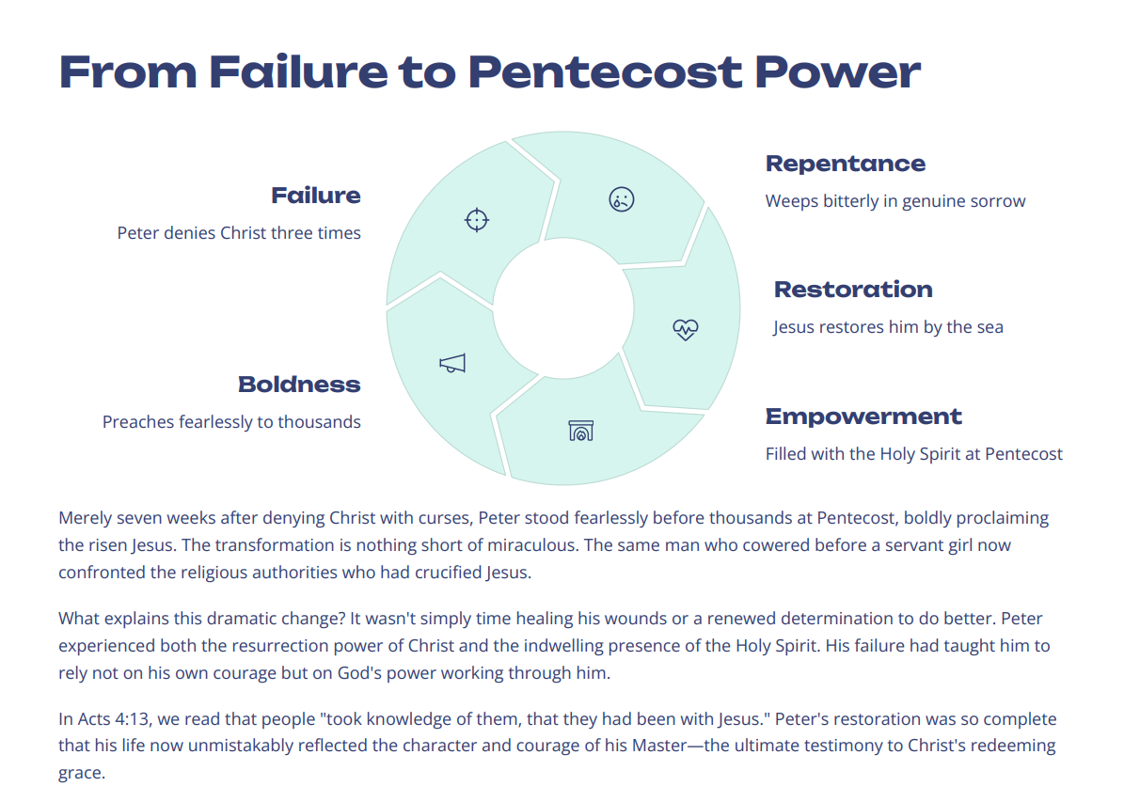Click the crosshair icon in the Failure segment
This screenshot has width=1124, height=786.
tap(477, 220)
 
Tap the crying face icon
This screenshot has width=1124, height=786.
tap(622, 198)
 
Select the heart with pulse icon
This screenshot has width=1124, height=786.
tap(686, 329)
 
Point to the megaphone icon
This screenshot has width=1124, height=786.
tap(452, 364)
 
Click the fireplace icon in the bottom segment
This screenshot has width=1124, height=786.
tap(581, 431)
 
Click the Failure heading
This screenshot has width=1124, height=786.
tap(316, 196)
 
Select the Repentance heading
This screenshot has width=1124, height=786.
tap(845, 164)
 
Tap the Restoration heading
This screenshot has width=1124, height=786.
tap(853, 290)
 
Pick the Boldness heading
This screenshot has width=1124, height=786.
tap(299, 385)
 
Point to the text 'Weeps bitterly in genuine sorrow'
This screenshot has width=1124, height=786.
tap(894, 201)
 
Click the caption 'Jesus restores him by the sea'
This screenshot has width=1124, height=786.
tap(888, 327)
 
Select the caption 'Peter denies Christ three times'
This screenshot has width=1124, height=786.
tap(239, 233)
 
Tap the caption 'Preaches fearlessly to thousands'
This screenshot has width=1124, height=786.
tap(231, 422)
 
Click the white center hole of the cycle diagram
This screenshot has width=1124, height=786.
tap(563, 308)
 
